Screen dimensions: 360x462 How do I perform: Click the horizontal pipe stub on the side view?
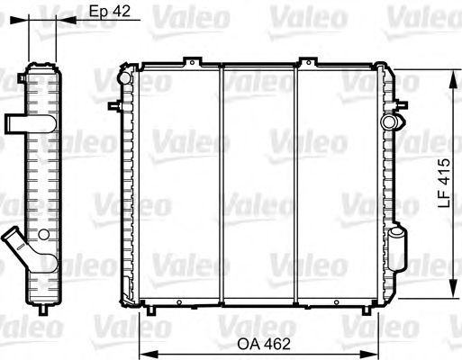15,122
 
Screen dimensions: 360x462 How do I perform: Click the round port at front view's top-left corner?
124,77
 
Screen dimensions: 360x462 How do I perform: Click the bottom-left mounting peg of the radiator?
152,311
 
